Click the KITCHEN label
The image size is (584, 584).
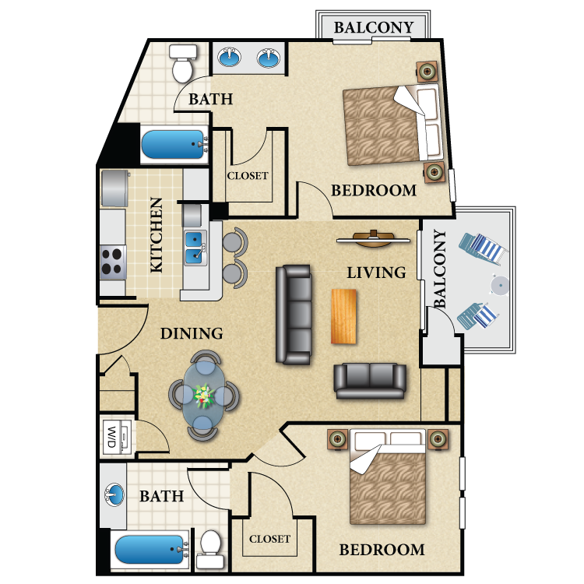(x=157, y=235)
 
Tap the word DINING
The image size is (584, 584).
(x=192, y=334)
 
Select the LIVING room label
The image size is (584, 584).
(x=377, y=273)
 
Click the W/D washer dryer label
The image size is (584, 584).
(x=111, y=438)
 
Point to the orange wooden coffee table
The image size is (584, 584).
(x=344, y=316)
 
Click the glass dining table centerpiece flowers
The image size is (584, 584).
(x=204, y=396)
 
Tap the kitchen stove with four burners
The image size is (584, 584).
(x=113, y=262)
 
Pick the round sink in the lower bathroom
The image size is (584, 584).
(x=114, y=494)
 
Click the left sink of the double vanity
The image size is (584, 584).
(x=230, y=58)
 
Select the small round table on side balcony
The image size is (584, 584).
(x=499, y=286)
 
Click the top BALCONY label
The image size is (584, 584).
(x=374, y=27)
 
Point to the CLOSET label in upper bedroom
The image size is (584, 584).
(x=248, y=176)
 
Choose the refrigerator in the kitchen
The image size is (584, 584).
(x=114, y=188)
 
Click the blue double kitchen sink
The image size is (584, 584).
(x=194, y=246)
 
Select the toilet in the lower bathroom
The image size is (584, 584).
(x=210, y=549)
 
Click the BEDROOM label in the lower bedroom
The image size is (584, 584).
(x=382, y=550)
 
